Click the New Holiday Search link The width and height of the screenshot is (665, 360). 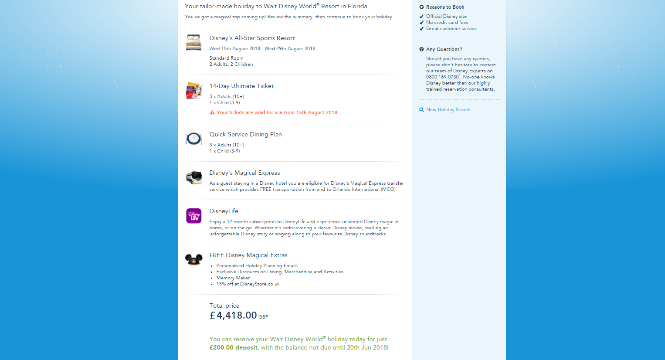448,110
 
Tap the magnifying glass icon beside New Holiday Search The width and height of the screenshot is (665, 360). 421,110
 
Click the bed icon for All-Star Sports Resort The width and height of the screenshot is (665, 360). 193,42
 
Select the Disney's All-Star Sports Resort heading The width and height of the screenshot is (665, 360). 252,38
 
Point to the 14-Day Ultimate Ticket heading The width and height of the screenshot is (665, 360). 241,86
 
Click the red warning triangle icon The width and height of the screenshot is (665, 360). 212,112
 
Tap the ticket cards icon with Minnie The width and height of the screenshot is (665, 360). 194,91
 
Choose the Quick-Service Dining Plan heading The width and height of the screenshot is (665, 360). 245,135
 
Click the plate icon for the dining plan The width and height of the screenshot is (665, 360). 194,139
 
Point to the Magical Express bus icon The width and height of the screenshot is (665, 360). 194,177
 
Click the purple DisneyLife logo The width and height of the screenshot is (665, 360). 194,216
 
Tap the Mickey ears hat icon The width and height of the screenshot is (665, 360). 194,259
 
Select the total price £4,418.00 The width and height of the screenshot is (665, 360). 233,316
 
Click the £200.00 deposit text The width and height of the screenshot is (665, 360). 233,348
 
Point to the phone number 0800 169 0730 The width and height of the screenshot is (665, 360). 442,77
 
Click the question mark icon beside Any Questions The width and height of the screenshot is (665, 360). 421,49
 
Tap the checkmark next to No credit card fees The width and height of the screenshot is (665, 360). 421,23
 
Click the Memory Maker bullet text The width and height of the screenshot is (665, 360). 233,278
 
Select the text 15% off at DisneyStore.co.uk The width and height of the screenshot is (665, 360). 248,284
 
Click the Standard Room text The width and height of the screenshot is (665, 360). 226,58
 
